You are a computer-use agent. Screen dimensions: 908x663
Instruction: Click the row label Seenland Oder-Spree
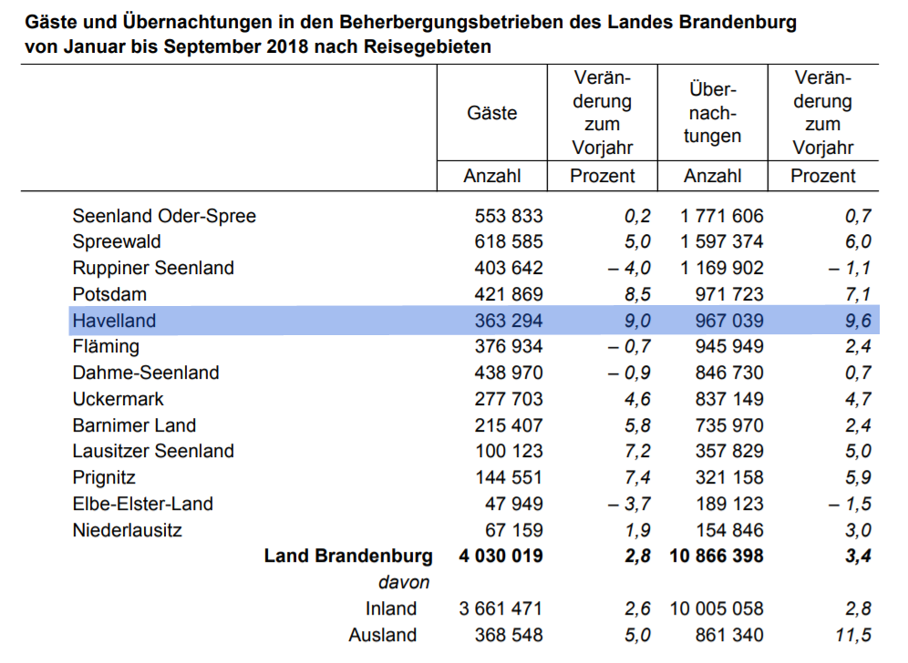(x=164, y=216)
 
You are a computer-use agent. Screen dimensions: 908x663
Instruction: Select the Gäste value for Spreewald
(x=509, y=241)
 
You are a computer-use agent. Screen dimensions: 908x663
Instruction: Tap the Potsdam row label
(x=109, y=294)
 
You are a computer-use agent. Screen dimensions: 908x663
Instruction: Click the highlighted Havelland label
(x=114, y=321)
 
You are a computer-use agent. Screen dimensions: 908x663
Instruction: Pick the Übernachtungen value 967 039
(x=729, y=321)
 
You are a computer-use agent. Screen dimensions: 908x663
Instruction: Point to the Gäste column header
(x=491, y=113)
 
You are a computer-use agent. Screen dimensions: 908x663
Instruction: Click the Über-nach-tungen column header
(x=712, y=113)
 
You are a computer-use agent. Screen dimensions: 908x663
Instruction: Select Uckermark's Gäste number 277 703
(x=509, y=399)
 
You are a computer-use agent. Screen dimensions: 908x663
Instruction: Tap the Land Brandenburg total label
(x=348, y=556)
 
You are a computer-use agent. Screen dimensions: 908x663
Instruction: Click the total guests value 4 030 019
(x=500, y=556)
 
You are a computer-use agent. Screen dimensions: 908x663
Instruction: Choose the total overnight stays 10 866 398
(x=717, y=556)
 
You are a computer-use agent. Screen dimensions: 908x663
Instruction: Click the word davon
(x=404, y=582)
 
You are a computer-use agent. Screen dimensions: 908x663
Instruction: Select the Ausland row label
(x=382, y=635)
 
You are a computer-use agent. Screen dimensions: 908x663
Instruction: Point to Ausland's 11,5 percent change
(x=853, y=635)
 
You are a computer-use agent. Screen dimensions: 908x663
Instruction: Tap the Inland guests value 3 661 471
(x=500, y=608)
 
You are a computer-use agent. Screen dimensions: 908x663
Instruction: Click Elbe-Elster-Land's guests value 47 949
(x=513, y=504)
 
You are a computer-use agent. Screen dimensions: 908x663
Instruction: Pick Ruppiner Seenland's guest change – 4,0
(x=629, y=268)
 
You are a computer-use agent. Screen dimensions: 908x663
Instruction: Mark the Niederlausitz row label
(x=128, y=530)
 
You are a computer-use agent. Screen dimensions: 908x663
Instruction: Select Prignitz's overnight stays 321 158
(x=729, y=477)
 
